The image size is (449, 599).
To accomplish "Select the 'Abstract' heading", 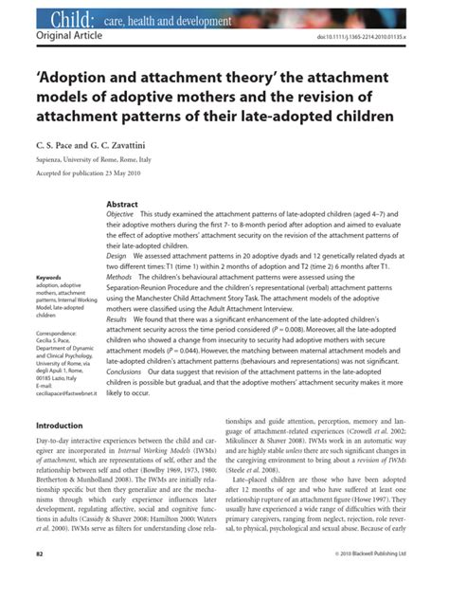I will [122, 205].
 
